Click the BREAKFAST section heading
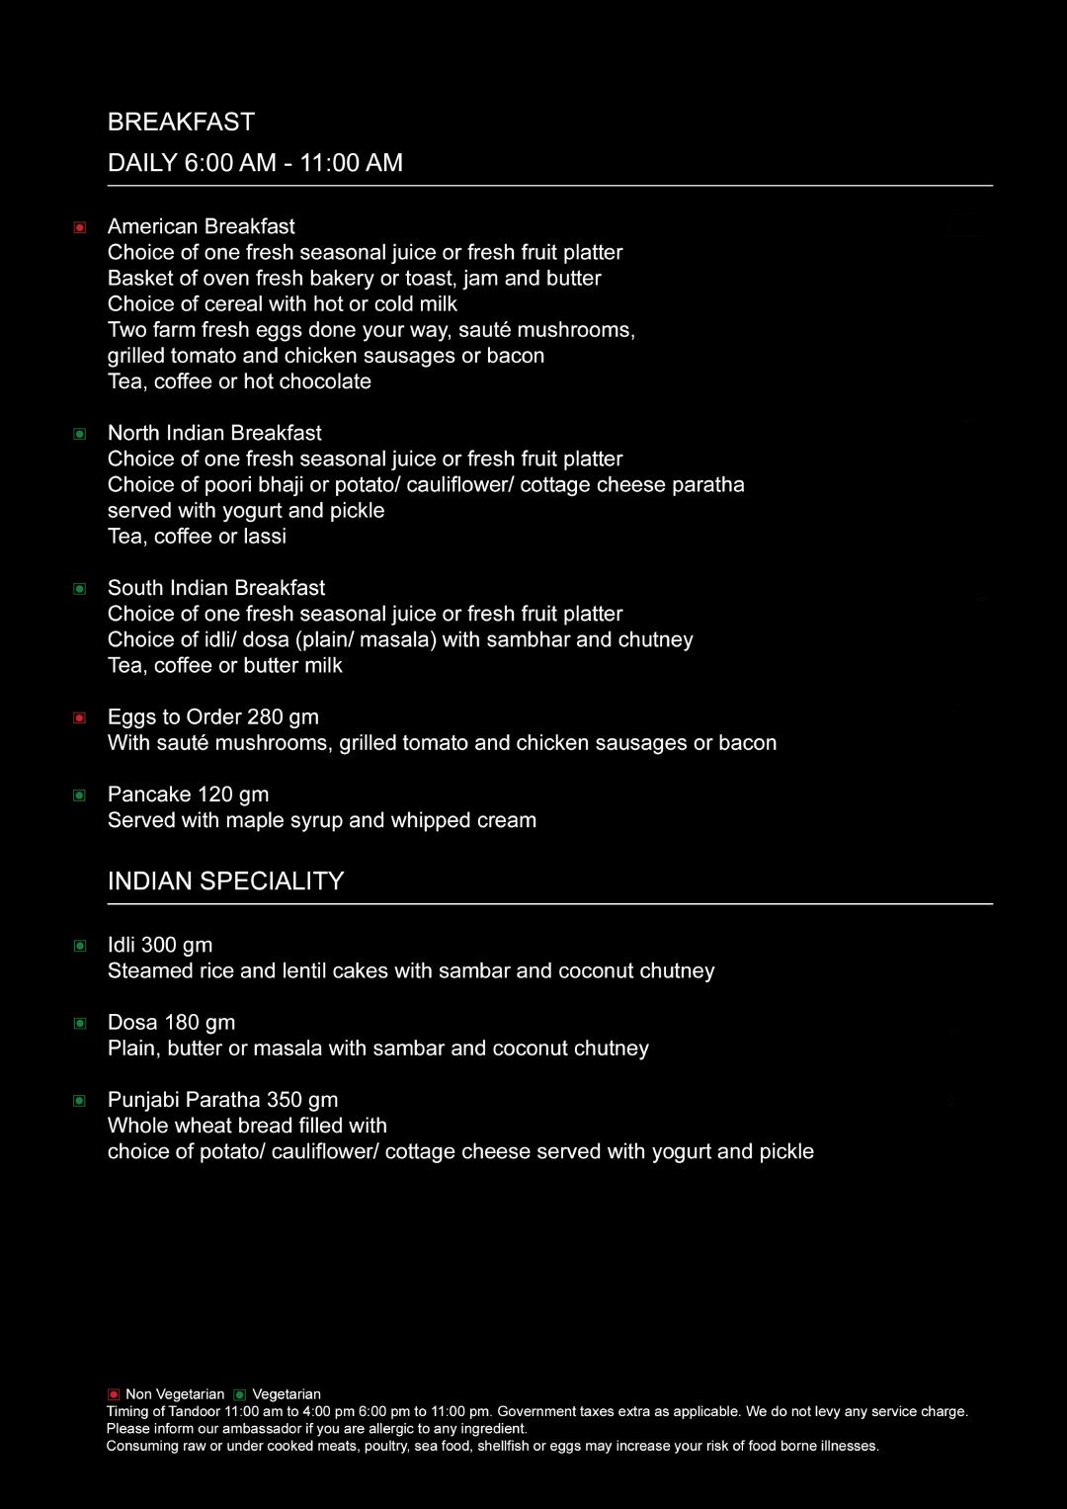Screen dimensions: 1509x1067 point(181,122)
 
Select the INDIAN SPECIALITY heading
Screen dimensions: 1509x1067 point(225,880)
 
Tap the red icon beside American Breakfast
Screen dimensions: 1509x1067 point(80,227)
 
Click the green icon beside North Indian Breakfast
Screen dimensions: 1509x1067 point(80,434)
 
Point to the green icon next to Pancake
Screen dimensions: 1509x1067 point(80,796)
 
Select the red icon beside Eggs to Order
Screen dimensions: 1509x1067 point(80,718)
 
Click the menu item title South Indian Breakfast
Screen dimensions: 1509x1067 point(215,588)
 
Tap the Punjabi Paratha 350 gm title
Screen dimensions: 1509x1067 point(222,1099)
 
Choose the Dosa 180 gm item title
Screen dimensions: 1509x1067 point(171,1022)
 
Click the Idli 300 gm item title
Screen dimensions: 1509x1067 point(160,945)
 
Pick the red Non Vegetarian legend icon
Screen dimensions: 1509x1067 point(114,1394)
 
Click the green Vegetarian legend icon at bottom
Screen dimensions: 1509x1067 point(239,1394)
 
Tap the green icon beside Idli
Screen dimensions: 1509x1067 point(80,947)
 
